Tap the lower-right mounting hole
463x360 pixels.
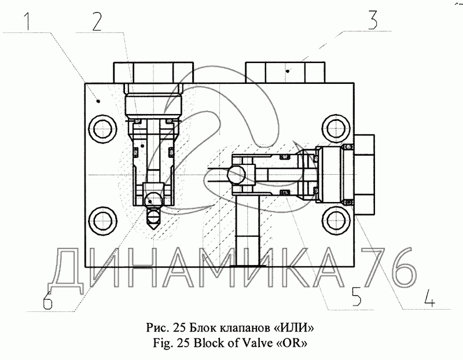[x=337, y=221]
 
